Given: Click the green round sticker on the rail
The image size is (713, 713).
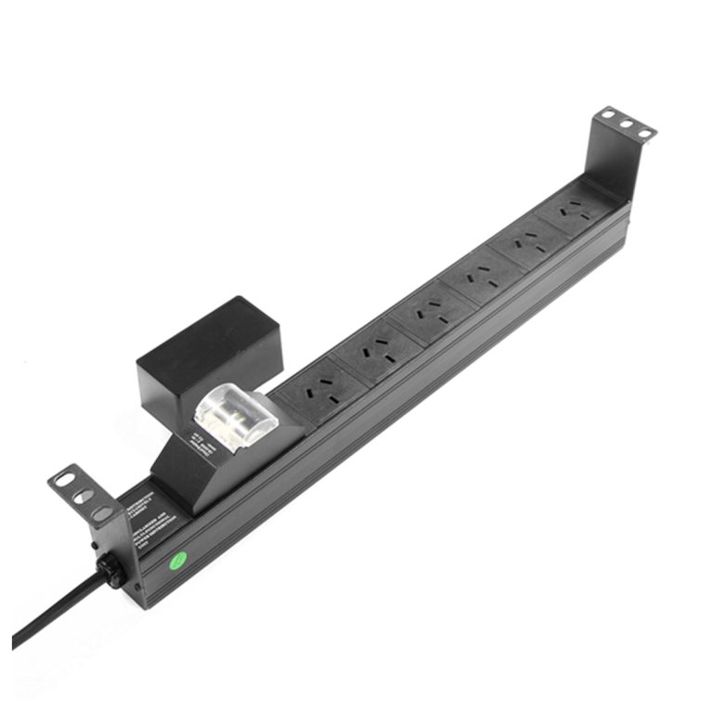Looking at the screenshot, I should (x=175, y=560).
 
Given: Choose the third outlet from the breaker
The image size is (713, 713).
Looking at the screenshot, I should (x=429, y=311).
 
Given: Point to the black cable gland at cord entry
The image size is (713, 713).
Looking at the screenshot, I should (x=112, y=570).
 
